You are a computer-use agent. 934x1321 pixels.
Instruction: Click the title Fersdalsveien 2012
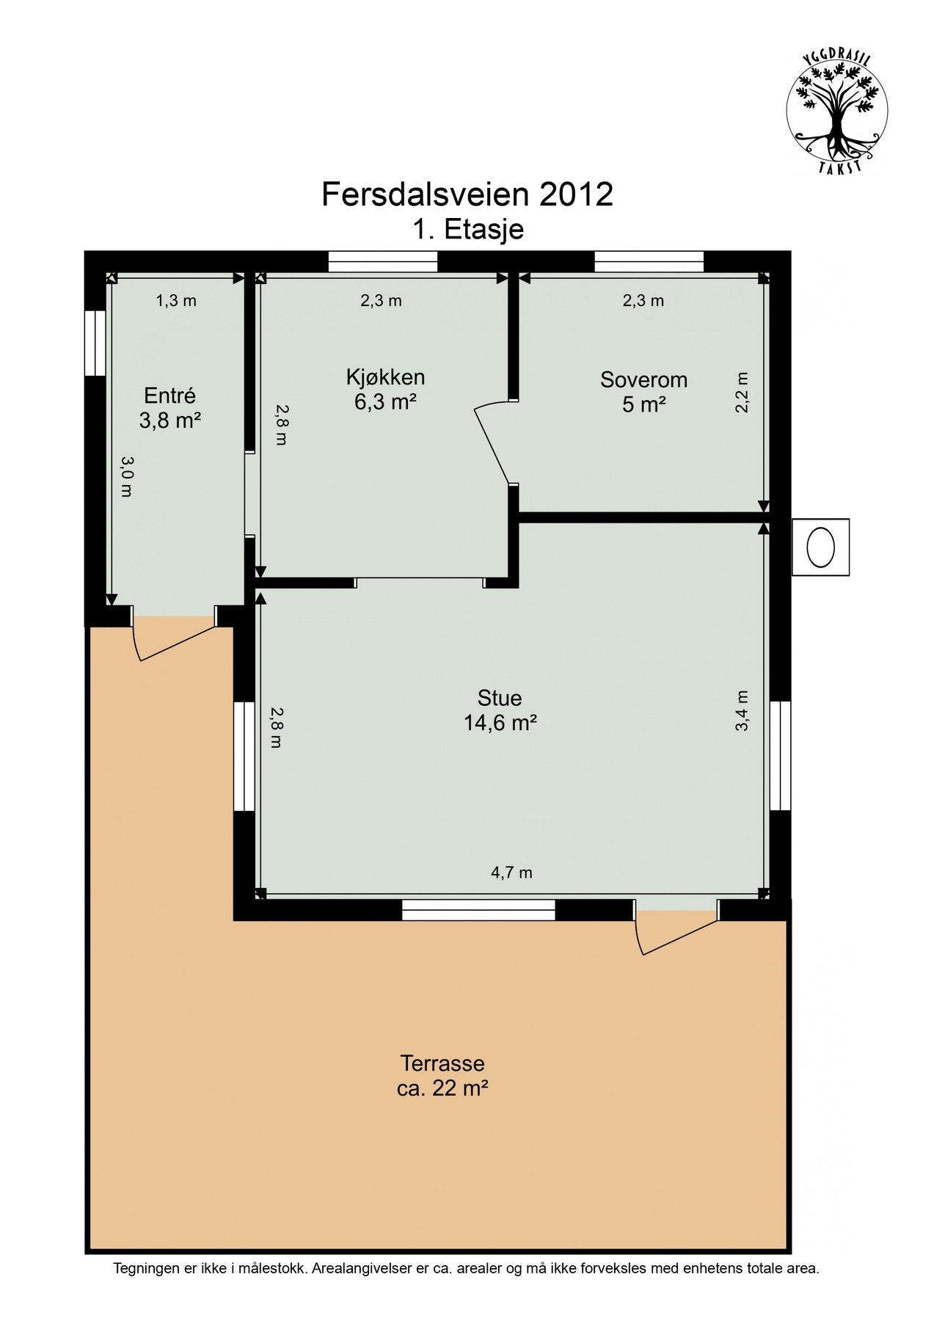point(467,194)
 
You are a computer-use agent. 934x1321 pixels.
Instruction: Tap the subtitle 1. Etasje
point(467,230)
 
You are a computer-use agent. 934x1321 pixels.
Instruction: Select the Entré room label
point(170,396)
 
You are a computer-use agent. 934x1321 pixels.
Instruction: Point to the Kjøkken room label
point(386,378)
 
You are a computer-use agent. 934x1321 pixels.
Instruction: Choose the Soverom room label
point(643,380)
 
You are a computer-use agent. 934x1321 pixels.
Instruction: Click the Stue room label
point(499,698)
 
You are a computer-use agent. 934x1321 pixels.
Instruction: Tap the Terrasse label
point(442,1063)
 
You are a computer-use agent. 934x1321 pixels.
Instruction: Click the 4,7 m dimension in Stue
point(511,873)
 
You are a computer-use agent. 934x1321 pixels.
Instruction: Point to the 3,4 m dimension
point(742,710)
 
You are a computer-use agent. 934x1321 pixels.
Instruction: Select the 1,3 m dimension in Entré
point(176,300)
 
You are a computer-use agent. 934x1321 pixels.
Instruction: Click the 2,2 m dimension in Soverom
point(742,393)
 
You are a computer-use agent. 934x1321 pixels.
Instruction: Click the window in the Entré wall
point(95,343)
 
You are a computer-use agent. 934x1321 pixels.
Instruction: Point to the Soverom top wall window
point(649,262)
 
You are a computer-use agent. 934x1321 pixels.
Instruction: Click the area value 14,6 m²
point(500,723)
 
